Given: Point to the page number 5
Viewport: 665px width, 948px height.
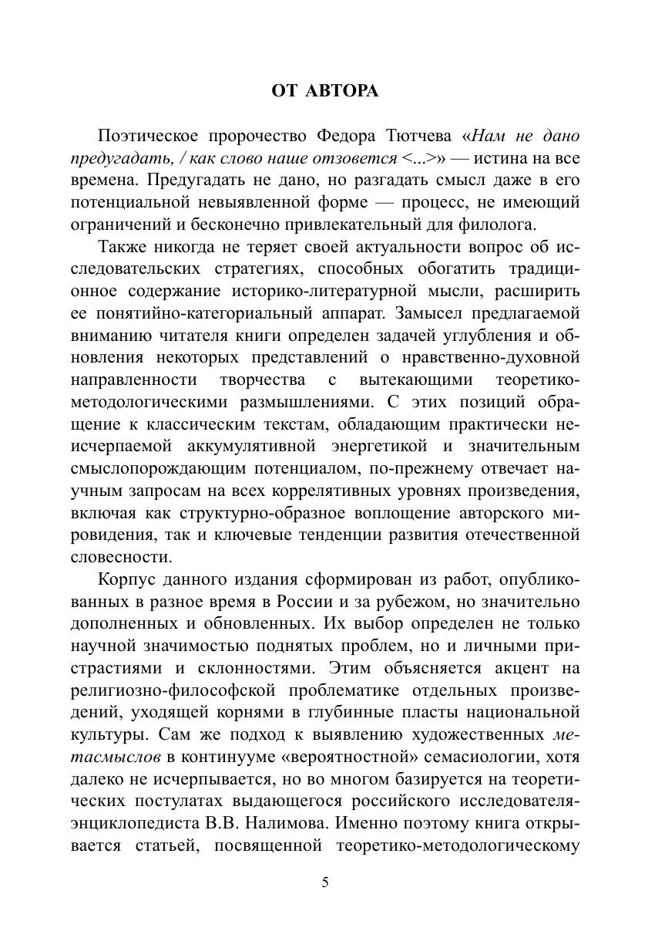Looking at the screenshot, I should tap(325, 883).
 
